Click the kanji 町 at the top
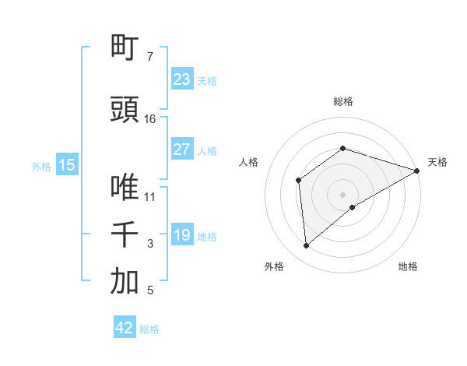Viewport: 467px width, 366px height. point(125,48)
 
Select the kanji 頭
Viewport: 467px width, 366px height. point(125,110)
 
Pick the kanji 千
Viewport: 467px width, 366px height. point(125,234)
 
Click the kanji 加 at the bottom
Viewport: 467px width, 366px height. point(125,282)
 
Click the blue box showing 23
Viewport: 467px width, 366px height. point(182,79)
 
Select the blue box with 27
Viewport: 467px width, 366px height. point(182,150)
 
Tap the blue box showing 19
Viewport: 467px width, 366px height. point(182,236)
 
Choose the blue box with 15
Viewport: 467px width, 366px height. point(66,165)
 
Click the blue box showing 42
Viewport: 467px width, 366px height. point(125,328)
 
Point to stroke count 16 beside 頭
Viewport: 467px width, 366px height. point(150,119)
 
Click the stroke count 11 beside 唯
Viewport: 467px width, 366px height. point(150,196)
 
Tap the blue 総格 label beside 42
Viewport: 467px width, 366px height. point(149,329)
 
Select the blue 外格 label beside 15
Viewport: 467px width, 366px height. point(41,166)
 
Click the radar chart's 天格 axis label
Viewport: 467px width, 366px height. point(437,162)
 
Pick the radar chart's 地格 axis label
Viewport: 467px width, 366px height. point(408,266)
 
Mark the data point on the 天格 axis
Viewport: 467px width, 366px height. point(416,171)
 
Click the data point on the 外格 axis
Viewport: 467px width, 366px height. point(307,246)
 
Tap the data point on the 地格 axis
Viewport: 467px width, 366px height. point(353,207)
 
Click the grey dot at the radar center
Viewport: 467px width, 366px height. point(342,194)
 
